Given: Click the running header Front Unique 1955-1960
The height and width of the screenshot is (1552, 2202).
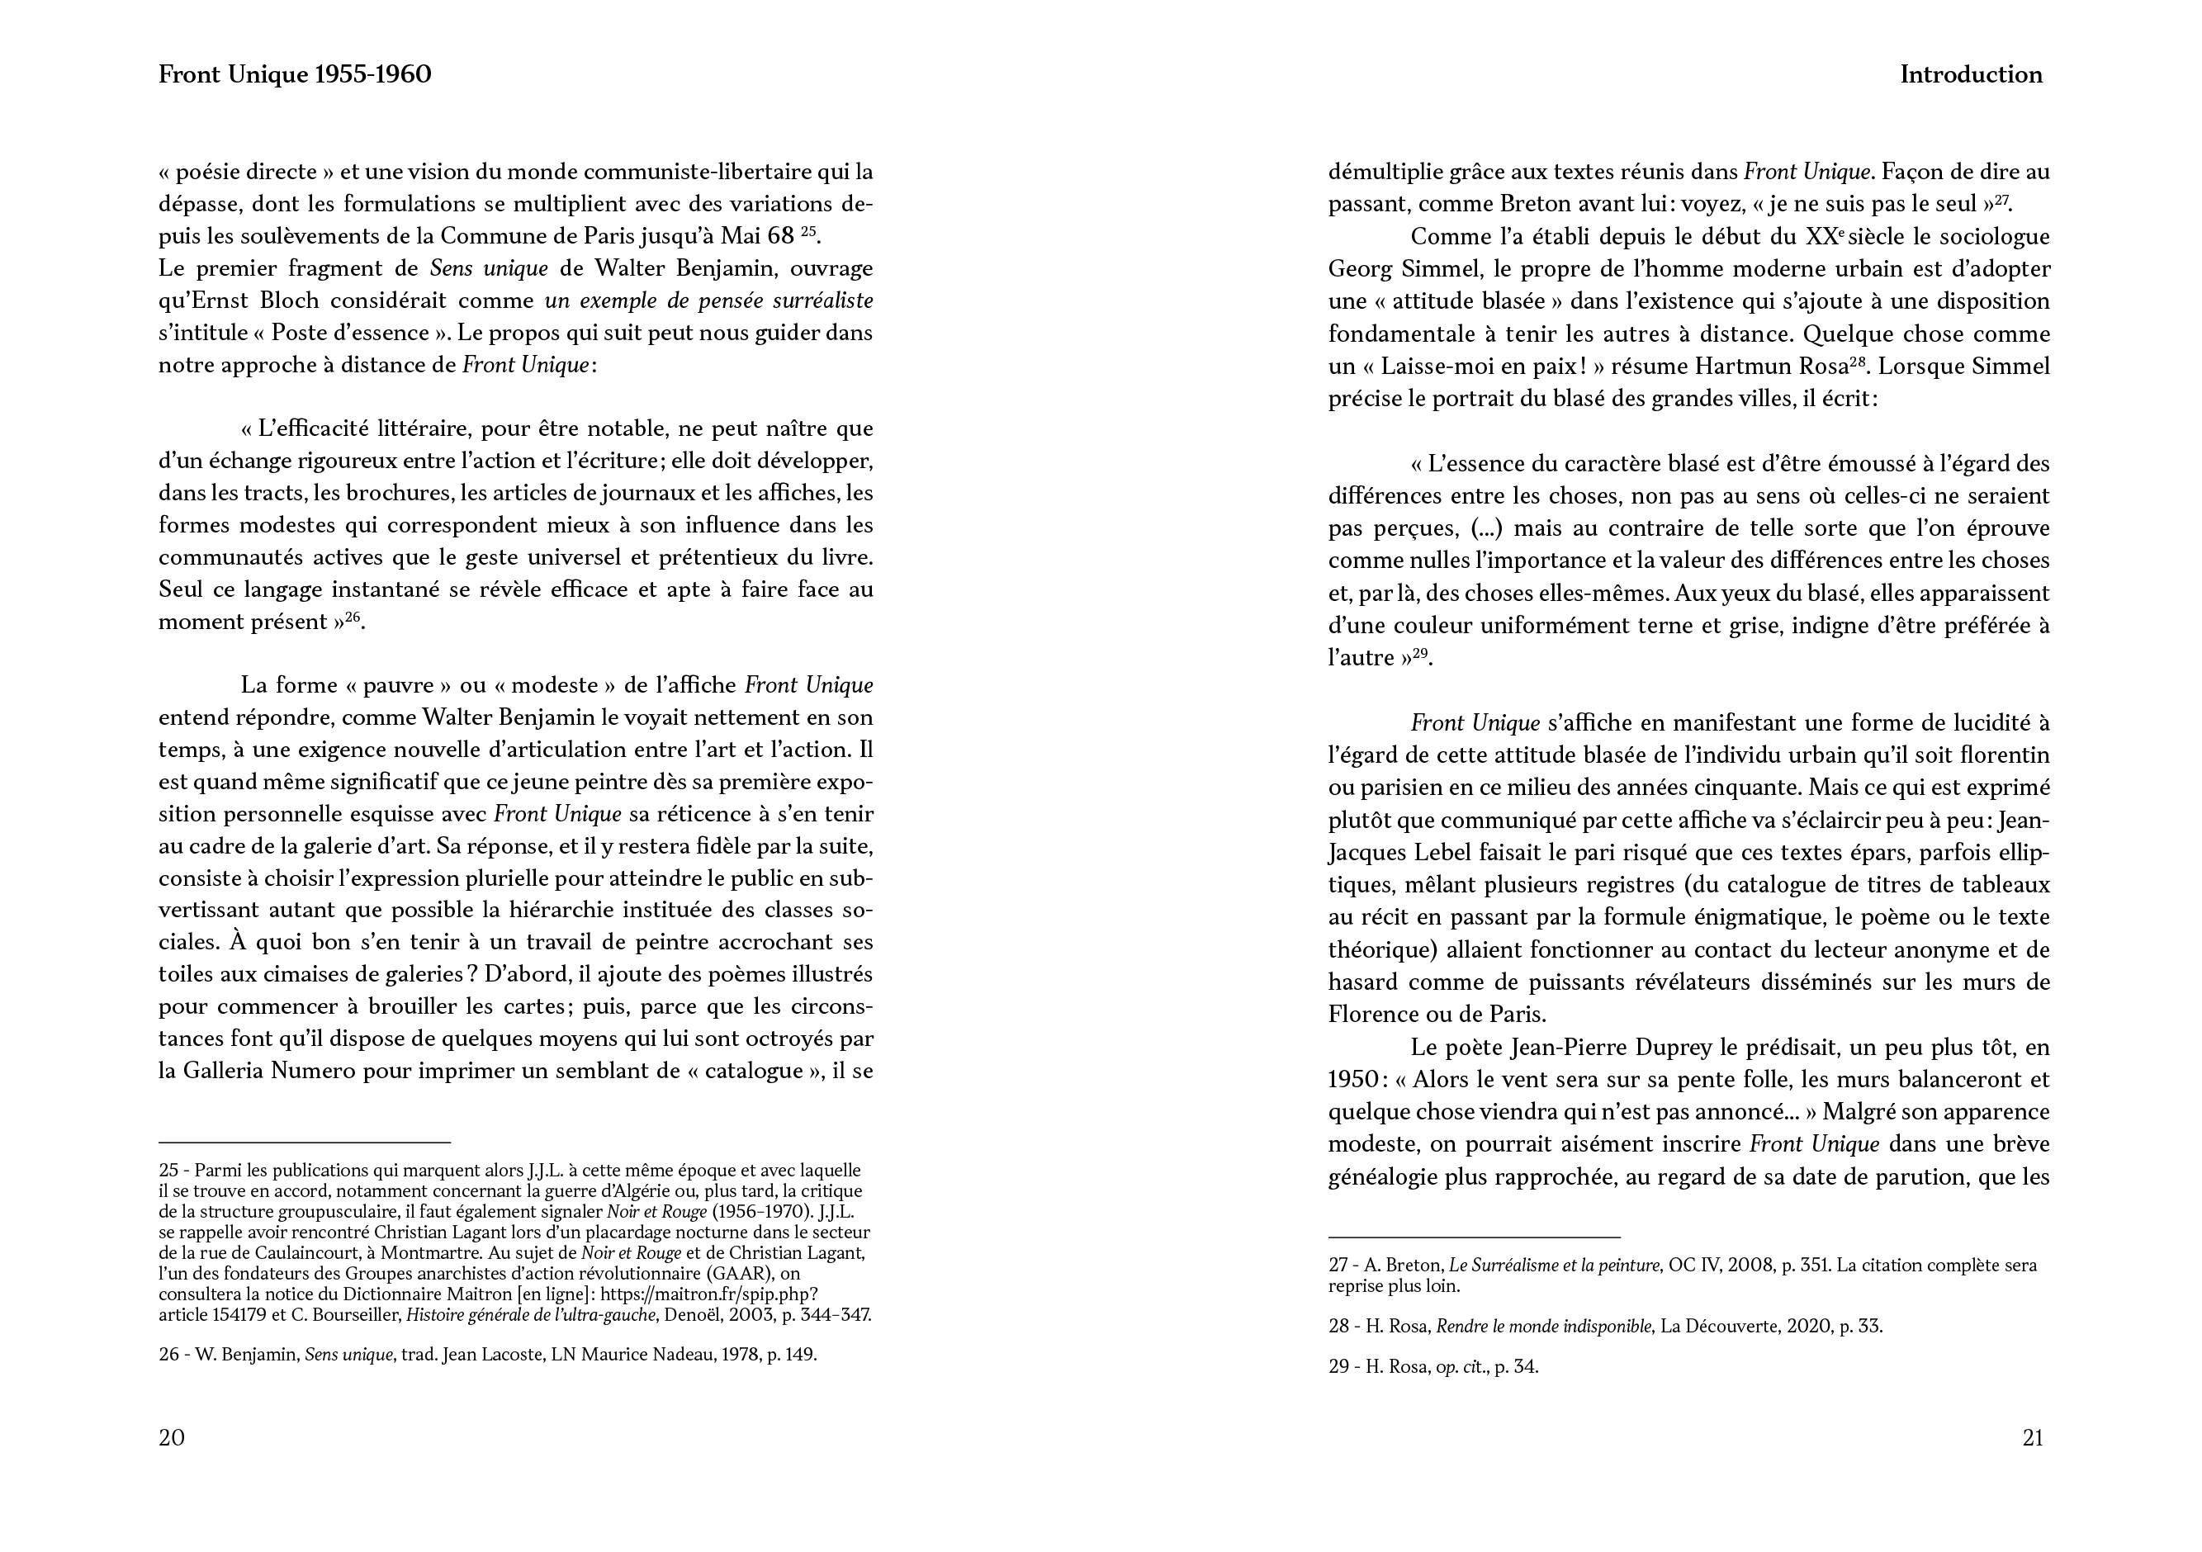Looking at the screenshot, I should pyautogui.click(x=295, y=75).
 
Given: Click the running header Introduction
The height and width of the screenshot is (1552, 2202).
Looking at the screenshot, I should pyautogui.click(x=1971, y=75).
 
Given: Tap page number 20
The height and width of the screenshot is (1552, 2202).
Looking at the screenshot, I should pyautogui.click(x=172, y=1437).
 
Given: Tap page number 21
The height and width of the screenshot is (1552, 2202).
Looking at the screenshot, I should pyautogui.click(x=2032, y=1437).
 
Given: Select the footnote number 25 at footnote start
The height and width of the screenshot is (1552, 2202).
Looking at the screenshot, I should pyautogui.click(x=168, y=1171).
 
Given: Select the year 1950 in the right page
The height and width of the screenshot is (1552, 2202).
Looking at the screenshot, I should pyautogui.click(x=1352, y=1079).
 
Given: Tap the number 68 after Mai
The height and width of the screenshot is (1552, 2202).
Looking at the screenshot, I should pyautogui.click(x=781, y=236).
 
